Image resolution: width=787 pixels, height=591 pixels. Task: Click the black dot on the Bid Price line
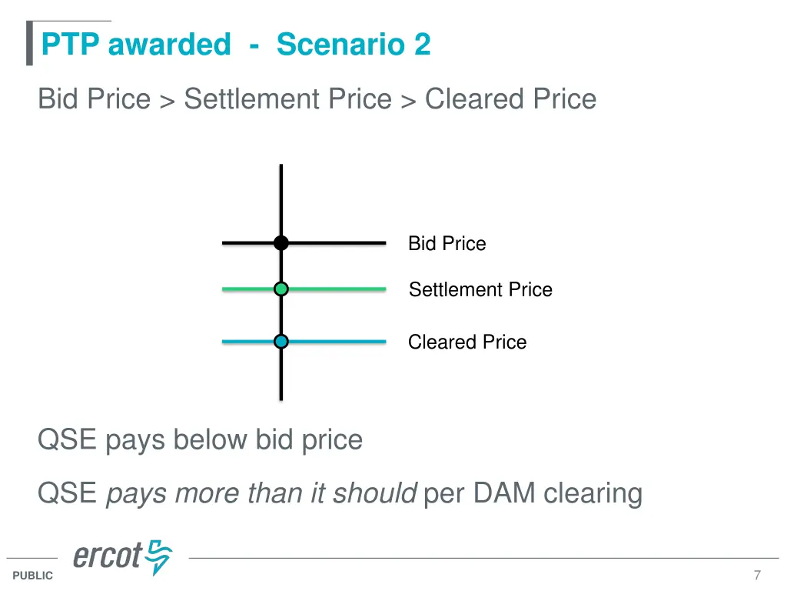[281, 243]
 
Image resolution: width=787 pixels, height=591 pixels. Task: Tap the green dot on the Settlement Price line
[281, 289]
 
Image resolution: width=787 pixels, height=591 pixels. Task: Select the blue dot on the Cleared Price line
[281, 342]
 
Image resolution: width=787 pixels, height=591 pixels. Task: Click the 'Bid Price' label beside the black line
[447, 244]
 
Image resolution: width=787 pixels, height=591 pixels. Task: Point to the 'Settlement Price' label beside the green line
[480, 290]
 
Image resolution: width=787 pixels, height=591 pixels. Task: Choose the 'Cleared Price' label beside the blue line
[467, 342]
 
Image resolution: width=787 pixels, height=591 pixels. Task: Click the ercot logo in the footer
[122, 557]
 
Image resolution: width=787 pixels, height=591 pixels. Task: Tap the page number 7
[757, 576]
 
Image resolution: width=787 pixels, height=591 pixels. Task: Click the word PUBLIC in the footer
[33, 576]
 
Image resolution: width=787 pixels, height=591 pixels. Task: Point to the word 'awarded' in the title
[169, 45]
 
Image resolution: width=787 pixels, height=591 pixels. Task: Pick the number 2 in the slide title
[422, 45]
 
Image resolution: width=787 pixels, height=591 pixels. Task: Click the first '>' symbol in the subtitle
[167, 101]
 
